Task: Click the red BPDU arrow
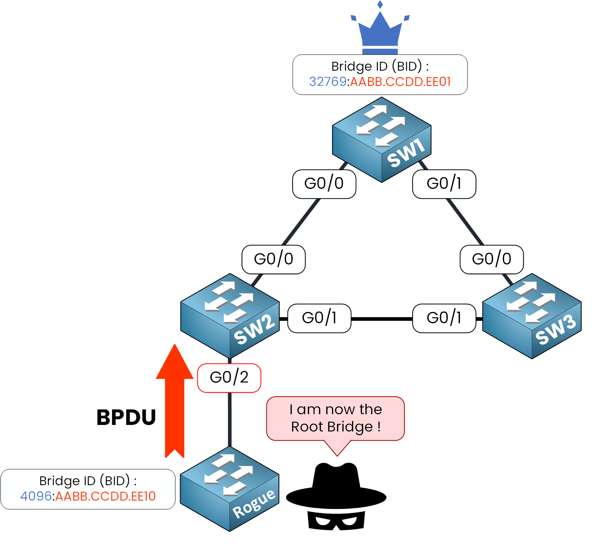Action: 175,399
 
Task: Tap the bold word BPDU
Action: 126,417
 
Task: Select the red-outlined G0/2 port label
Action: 229,378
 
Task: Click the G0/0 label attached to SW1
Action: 324,184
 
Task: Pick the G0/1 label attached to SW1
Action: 444,184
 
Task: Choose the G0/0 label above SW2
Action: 273,259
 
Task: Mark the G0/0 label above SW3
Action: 491,259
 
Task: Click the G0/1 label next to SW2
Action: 319,318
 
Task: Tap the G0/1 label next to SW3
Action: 444,318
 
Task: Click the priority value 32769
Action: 328,82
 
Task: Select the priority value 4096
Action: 36,496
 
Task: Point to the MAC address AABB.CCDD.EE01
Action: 400,82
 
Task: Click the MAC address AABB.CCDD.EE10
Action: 106,496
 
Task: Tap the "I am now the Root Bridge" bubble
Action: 336,418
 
